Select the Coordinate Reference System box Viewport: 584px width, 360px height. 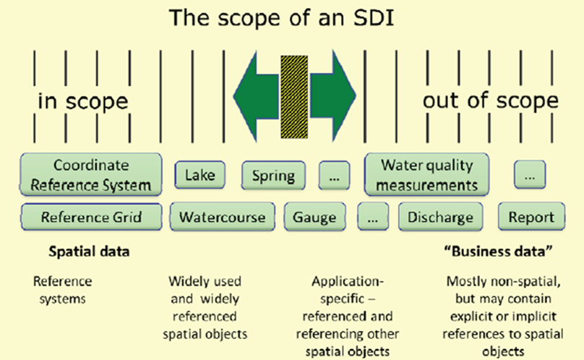pos(91,174)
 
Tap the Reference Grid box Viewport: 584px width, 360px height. pos(91,216)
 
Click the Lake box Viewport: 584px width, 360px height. pos(200,175)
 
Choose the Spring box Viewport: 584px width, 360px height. pos(273,175)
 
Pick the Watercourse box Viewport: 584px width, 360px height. pos(222,216)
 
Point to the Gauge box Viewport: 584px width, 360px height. pos(315,216)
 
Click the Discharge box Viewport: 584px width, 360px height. pos(440,216)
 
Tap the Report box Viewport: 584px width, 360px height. pos(531,216)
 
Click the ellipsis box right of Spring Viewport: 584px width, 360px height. pos(334,175)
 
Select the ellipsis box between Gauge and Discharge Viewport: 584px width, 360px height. pos(373,216)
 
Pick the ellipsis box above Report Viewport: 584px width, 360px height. pos(530,175)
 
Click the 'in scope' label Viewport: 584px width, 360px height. pos(82,101)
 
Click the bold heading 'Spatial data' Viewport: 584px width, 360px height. pos(89,252)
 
